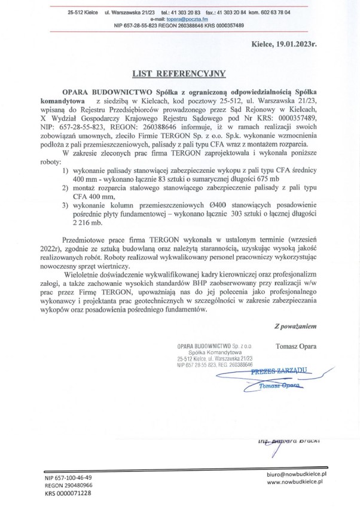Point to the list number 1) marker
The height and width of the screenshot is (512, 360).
(66, 171)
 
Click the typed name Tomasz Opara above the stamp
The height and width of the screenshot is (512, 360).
(296, 346)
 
